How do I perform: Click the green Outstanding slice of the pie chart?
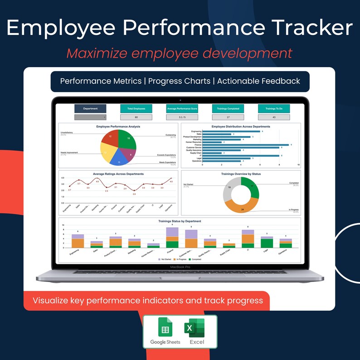128,140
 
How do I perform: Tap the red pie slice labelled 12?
110,137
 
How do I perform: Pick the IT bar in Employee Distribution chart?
240,156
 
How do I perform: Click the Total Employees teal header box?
136,109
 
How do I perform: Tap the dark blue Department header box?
90,109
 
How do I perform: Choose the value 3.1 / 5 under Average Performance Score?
182,117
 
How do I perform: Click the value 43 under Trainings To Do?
274,117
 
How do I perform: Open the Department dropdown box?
90,117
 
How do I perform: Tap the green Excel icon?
194,327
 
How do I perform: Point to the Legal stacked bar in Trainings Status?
267,242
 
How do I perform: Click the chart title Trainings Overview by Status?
241,174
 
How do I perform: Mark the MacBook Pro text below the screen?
180,267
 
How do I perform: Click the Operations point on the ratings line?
171,178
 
